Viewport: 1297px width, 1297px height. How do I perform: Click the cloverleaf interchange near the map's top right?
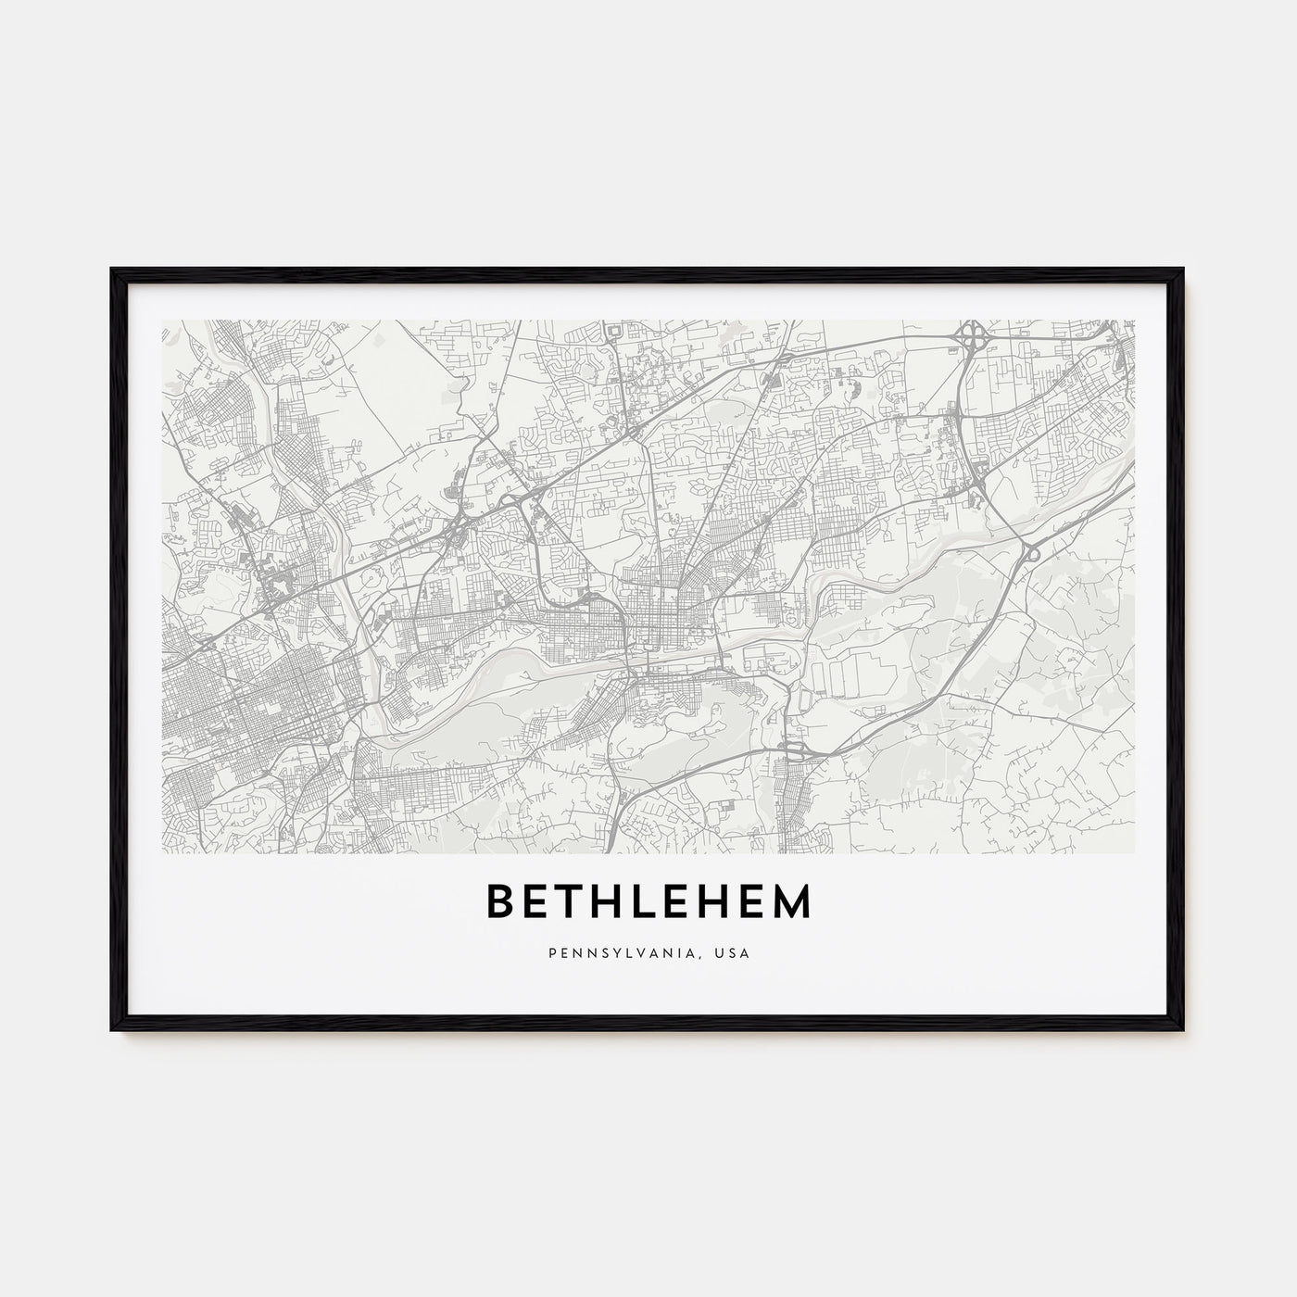972,335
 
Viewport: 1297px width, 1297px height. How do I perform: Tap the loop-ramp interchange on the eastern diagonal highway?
1032,553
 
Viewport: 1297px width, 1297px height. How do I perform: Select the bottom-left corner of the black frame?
112,1031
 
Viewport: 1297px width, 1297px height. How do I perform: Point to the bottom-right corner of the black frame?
1184,1031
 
